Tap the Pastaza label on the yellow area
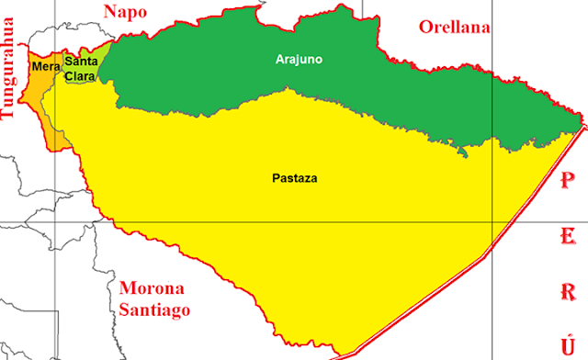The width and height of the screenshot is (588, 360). [x=295, y=178]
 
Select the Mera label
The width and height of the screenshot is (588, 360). [x=40, y=67]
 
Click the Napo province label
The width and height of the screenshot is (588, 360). [x=126, y=11]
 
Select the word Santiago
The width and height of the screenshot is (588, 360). [x=153, y=309]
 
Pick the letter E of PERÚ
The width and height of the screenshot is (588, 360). [x=568, y=220]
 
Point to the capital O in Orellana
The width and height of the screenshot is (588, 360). [x=425, y=27]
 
